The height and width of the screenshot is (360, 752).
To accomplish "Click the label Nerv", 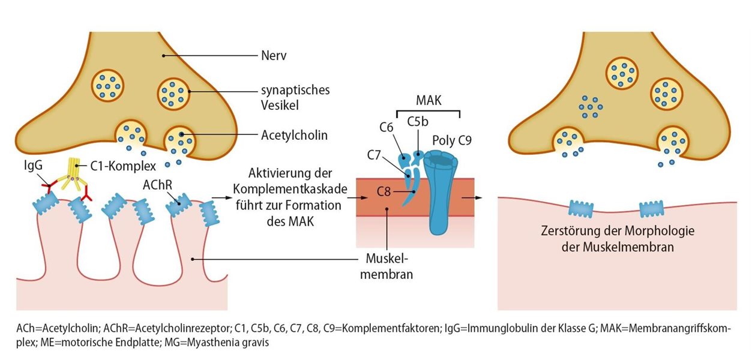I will [x=274, y=56].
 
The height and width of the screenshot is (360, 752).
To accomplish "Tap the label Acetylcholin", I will [x=294, y=135].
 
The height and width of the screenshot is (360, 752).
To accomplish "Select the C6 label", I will [x=387, y=127].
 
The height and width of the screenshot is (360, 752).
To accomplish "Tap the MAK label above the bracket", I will [x=429, y=101].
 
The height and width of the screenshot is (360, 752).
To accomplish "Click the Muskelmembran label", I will [x=388, y=268].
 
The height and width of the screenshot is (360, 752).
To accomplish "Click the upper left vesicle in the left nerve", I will [x=107, y=85].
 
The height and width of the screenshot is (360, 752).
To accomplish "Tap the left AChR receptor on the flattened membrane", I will [x=580, y=209].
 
